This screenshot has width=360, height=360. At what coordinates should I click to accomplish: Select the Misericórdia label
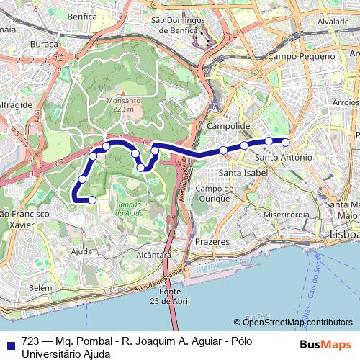[287, 215]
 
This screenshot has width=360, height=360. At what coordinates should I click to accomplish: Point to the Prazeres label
[213, 242]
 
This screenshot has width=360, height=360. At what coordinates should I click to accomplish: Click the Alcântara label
[153, 254]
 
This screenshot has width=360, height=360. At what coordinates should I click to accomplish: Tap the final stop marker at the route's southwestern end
[91, 199]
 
